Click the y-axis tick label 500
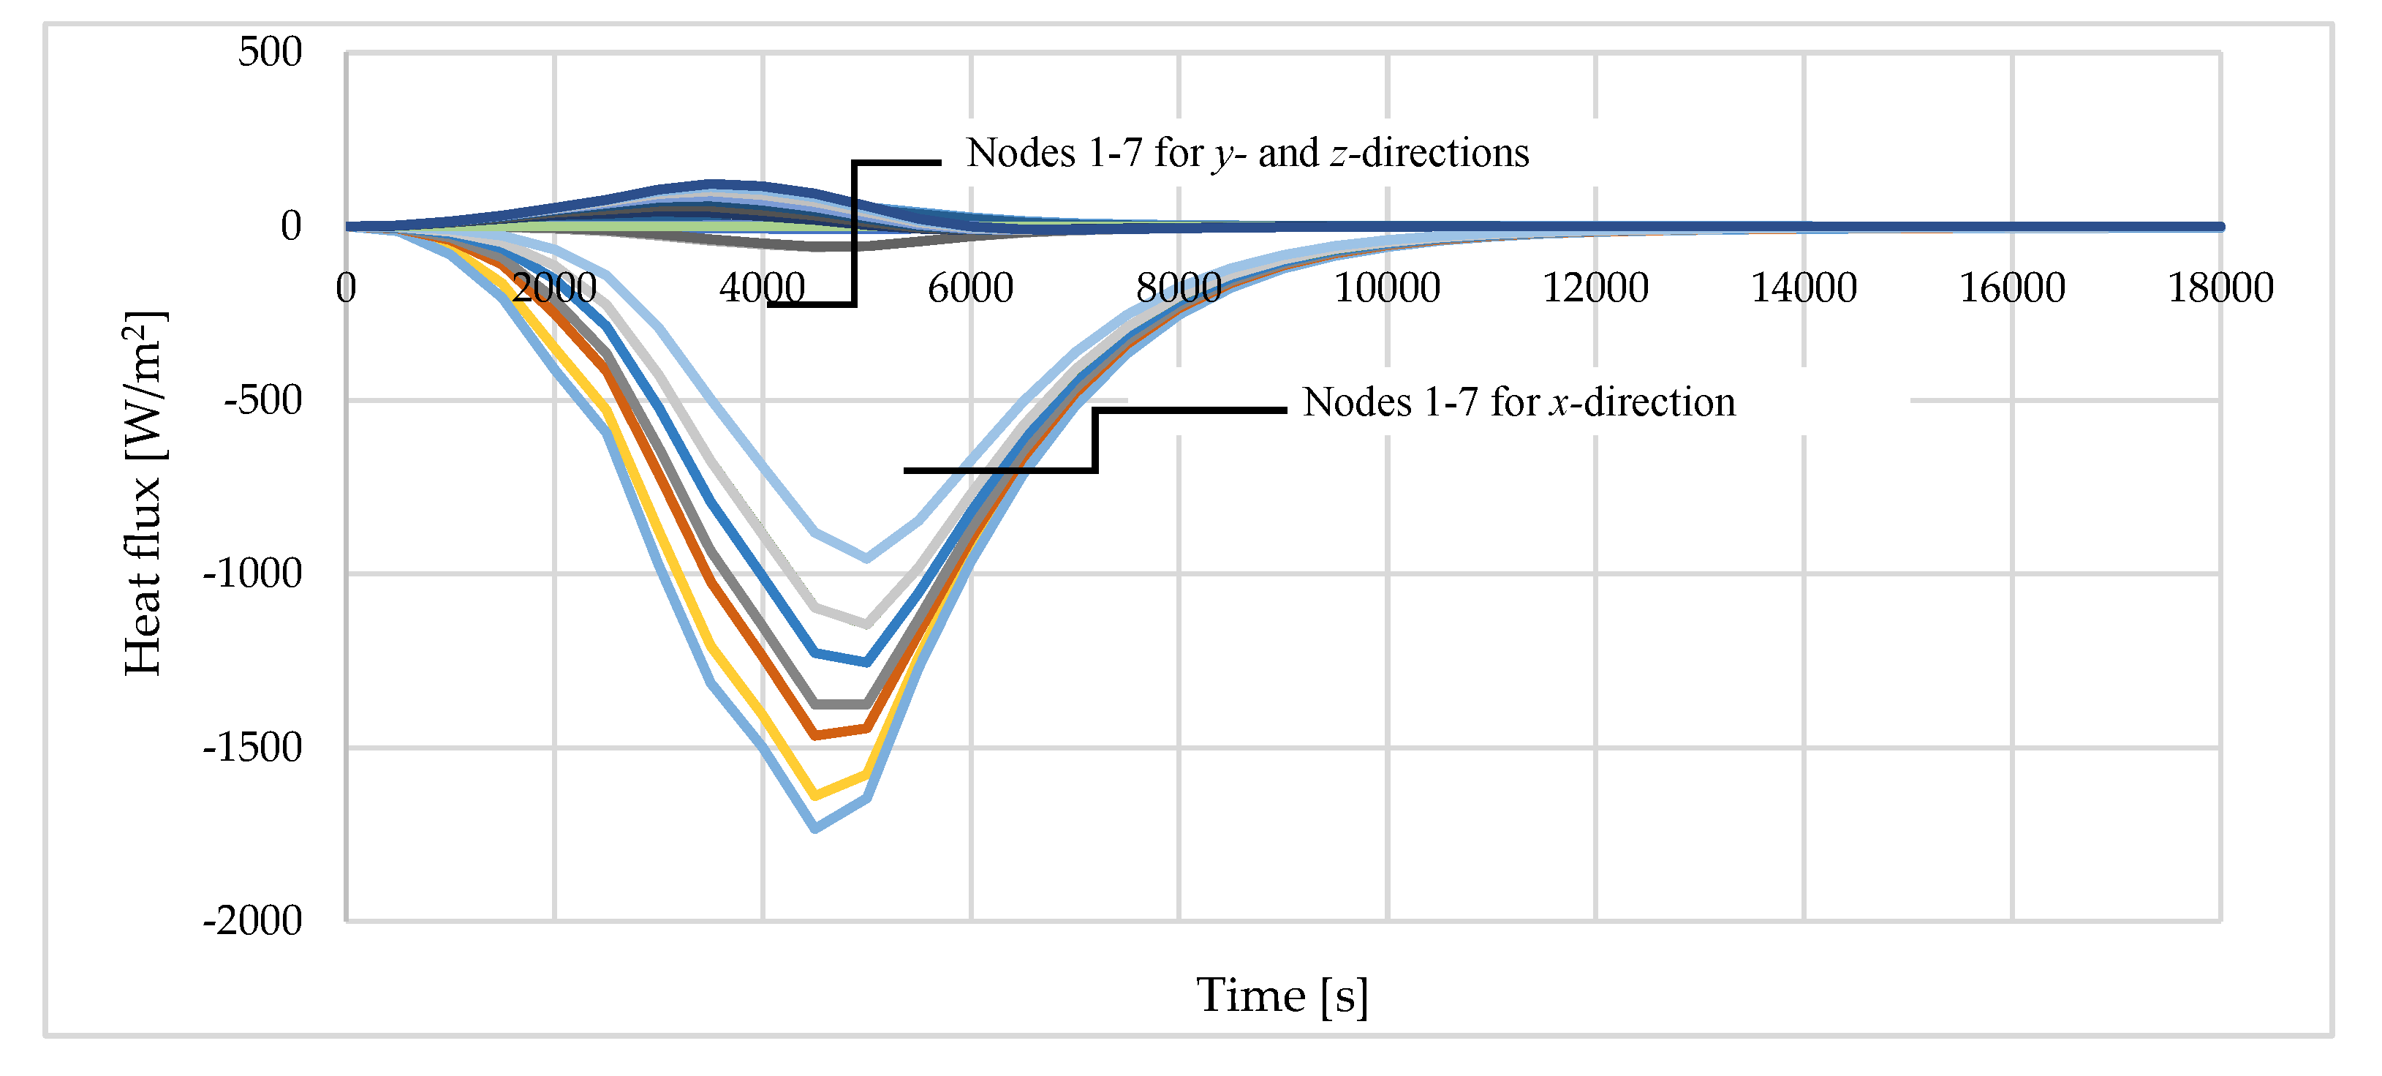click(x=269, y=53)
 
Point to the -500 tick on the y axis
click(x=262, y=401)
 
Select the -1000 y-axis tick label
click(x=252, y=574)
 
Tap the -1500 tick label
click(x=252, y=748)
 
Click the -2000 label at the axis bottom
click(x=252, y=922)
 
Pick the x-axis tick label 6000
click(x=970, y=287)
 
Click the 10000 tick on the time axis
click(x=1386, y=287)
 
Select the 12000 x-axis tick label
click(x=1595, y=287)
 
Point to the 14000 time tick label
click(x=1803, y=287)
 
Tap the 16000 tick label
click(x=2012, y=287)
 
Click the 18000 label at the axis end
click(x=2220, y=287)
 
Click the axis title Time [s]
click(x=1282, y=996)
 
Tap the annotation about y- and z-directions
click(x=1247, y=154)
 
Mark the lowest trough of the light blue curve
click(x=814, y=828)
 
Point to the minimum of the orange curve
click(x=814, y=736)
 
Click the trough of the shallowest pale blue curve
click(x=866, y=559)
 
